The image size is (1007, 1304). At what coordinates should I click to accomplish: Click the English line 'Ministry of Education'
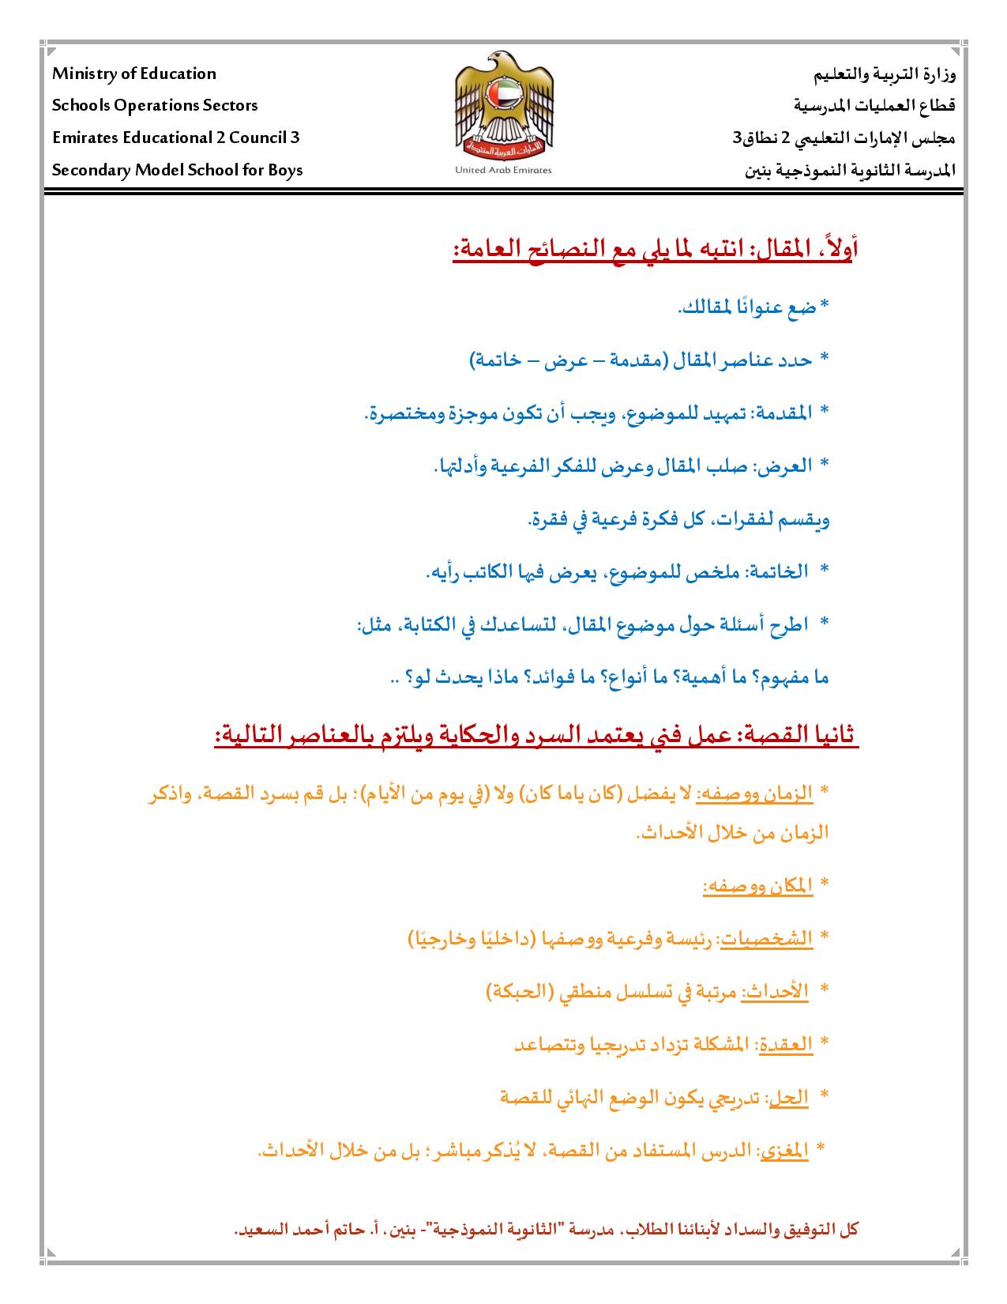(x=134, y=74)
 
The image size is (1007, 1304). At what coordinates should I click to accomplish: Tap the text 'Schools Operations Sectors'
(x=155, y=106)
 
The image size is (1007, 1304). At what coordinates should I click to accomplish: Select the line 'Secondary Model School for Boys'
(x=178, y=170)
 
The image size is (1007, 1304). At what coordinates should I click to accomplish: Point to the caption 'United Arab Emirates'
(x=504, y=170)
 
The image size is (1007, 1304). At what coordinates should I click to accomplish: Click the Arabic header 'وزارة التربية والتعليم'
(x=885, y=76)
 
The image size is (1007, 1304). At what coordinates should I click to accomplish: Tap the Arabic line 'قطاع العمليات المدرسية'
(x=874, y=106)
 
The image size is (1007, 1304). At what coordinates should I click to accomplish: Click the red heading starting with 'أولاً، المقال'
(x=656, y=251)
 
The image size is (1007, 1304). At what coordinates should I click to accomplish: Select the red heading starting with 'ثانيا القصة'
(x=537, y=735)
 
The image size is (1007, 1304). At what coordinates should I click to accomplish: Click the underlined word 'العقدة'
(x=785, y=1044)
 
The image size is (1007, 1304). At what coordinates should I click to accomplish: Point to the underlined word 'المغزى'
(x=783, y=1151)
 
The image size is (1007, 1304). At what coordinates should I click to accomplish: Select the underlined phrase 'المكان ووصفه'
(x=757, y=887)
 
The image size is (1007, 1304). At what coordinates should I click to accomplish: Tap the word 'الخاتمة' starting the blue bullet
(x=776, y=571)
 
